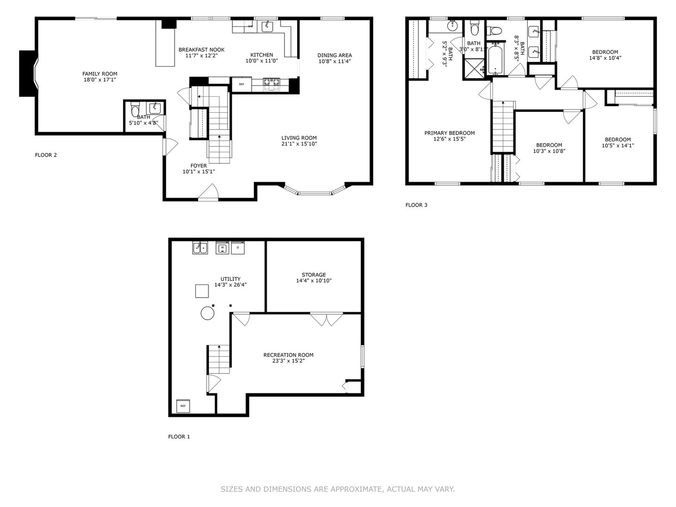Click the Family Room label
click(x=100, y=74)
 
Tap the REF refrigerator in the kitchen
click(x=241, y=84)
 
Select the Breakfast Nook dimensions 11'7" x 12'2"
click(x=201, y=56)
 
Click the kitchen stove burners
click(x=271, y=84)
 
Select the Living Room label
click(x=299, y=138)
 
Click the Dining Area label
click(x=334, y=55)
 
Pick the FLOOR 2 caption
click(x=46, y=155)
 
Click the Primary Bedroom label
click(x=449, y=133)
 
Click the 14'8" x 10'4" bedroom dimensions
click(x=605, y=58)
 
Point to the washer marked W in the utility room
click(x=223, y=248)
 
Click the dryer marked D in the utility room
click(x=238, y=248)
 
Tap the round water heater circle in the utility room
click(x=207, y=314)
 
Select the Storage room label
click(x=314, y=275)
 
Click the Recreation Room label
click(x=288, y=355)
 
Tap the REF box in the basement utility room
click(x=183, y=406)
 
